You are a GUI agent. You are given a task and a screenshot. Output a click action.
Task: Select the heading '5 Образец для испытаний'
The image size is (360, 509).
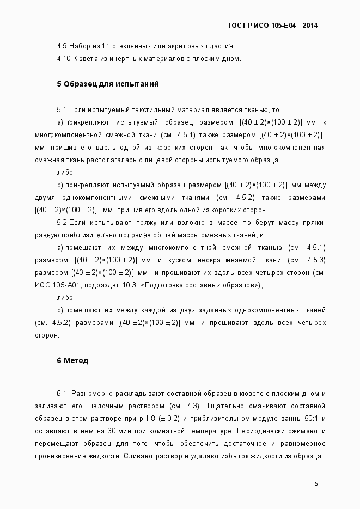coord(107,84)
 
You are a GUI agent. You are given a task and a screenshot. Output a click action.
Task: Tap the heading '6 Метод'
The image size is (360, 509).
coord(72,360)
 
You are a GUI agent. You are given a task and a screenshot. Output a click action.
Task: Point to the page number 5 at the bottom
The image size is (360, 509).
coord(316,484)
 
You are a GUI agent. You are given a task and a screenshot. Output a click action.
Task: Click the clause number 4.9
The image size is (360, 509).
coord(62,46)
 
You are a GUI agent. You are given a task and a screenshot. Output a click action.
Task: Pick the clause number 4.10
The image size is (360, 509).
coord(64,58)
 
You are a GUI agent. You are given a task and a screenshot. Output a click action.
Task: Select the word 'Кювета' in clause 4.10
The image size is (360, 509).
coord(84,58)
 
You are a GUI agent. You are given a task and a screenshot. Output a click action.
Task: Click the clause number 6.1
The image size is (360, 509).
coord(62,393)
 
